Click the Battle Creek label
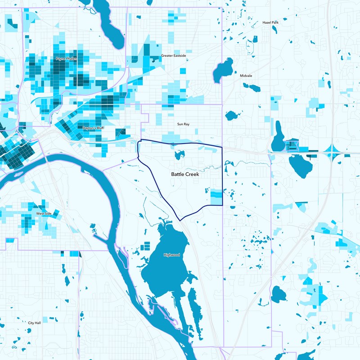click(185, 174)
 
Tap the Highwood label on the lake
click(171, 255)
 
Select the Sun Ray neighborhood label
click(183, 124)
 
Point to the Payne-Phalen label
click(66, 58)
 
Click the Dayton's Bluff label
click(94, 128)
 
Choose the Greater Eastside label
click(173, 56)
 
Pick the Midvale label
click(246, 76)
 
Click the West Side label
click(43, 214)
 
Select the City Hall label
click(34, 323)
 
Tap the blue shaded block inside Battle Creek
click(216, 197)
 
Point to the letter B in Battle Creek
click(173, 174)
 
